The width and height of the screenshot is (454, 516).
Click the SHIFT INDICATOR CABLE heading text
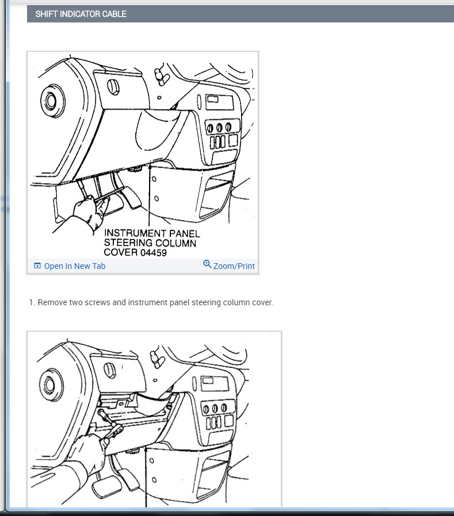pyautogui.click(x=81, y=14)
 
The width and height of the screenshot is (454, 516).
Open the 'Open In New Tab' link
pyautogui.click(x=75, y=266)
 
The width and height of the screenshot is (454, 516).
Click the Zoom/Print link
pyautogui.click(x=234, y=266)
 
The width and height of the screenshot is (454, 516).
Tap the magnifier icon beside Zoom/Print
pyautogui.click(x=207, y=264)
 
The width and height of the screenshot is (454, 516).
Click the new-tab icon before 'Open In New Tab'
pyautogui.click(x=37, y=265)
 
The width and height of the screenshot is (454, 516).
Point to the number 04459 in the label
pyautogui.click(x=154, y=253)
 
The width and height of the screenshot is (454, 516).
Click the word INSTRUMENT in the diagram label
pyautogui.click(x=135, y=233)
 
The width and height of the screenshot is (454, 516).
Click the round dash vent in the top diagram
pyautogui.click(x=52, y=101)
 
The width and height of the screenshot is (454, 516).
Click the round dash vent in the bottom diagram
pyautogui.click(x=51, y=385)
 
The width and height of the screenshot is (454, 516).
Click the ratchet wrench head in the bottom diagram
pyautogui.click(x=115, y=430)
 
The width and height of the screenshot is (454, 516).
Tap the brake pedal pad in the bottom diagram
pyautogui.click(x=102, y=487)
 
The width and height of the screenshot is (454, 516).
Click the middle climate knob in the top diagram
pyautogui.click(x=219, y=127)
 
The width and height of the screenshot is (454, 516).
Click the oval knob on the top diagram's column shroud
pyautogui.click(x=113, y=87)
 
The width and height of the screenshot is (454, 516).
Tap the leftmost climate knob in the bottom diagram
pyautogui.click(x=206, y=409)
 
